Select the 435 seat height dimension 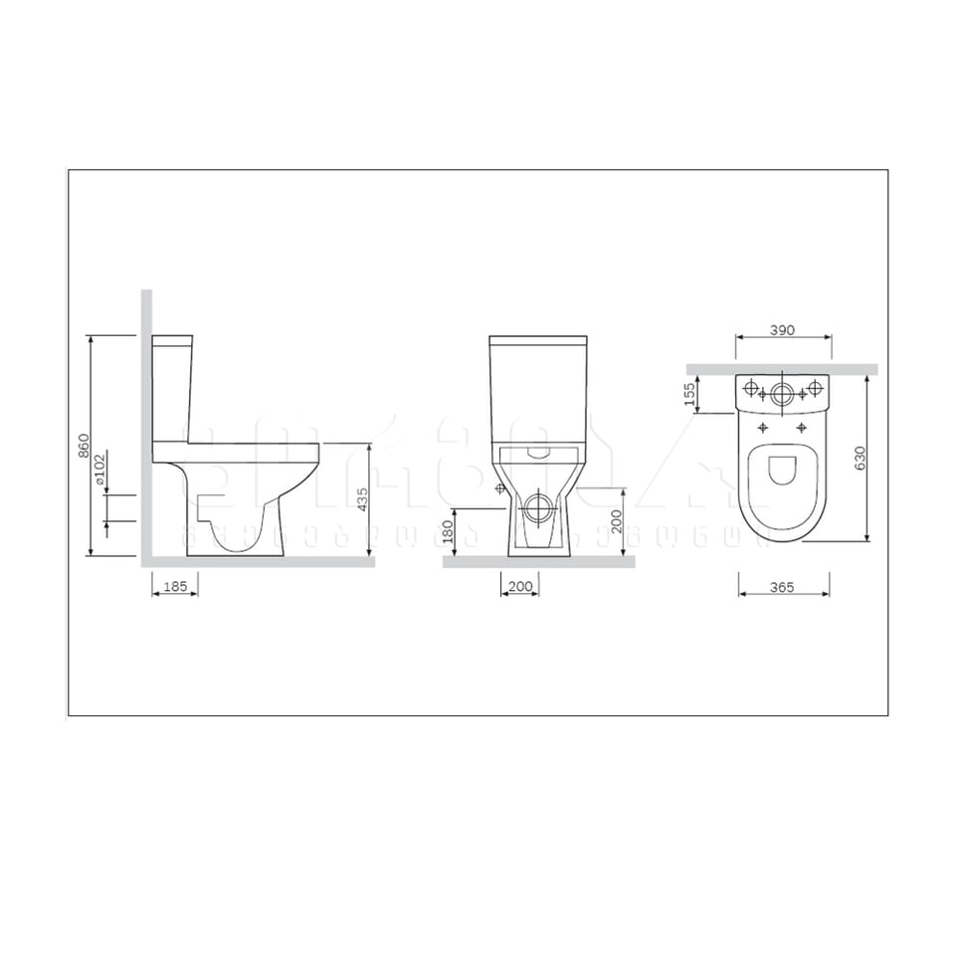(363, 498)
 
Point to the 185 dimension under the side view (175, 587)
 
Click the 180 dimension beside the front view (449, 530)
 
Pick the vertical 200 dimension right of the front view (617, 520)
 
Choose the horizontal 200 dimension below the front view (519, 587)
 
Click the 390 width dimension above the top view (783, 331)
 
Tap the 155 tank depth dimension (688, 395)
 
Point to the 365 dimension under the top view (781, 588)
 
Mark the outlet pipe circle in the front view (537, 508)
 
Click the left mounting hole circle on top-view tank (751, 387)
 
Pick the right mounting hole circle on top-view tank (815, 387)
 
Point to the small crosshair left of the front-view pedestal (500, 489)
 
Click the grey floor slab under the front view (538, 561)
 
